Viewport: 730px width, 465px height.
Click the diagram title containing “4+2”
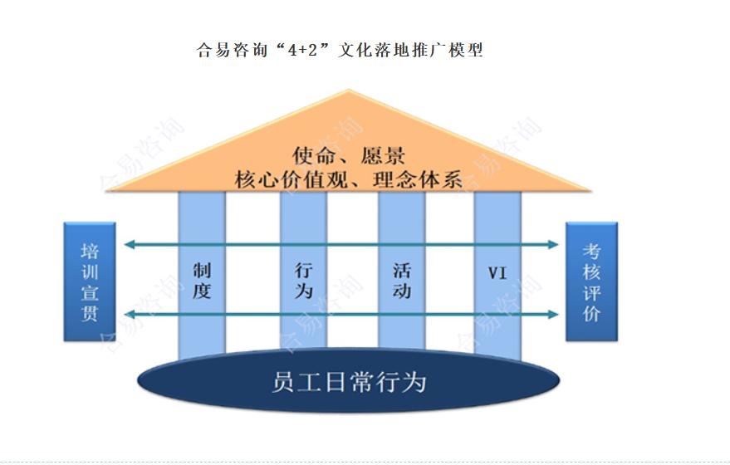click(339, 50)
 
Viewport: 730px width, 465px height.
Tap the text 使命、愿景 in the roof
click(348, 155)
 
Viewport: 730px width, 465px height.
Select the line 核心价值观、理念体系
click(349, 179)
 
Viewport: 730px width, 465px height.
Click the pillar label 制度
click(202, 281)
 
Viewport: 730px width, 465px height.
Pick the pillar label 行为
click(304, 281)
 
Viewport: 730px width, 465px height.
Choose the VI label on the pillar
click(497, 272)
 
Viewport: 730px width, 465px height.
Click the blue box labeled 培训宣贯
click(90, 281)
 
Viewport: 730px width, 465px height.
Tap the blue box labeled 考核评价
click(591, 281)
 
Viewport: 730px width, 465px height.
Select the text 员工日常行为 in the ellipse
click(348, 381)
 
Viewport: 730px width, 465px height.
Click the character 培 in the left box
click(90, 252)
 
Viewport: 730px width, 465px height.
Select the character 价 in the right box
click(591, 314)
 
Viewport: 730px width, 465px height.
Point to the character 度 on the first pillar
click(202, 291)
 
